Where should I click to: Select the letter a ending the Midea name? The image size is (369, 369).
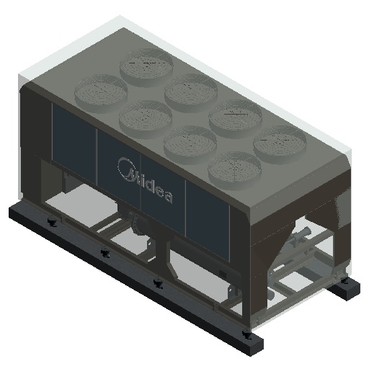tap(168, 197)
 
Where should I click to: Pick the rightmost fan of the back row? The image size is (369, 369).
tap(280, 144)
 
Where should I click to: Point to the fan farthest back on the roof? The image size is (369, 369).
tap(146, 67)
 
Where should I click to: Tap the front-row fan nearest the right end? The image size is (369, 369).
tap(234, 171)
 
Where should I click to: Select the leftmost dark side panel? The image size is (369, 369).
tap(74, 138)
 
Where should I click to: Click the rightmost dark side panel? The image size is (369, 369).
tap(208, 221)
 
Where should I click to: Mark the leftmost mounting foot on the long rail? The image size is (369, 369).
tap(52, 223)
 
